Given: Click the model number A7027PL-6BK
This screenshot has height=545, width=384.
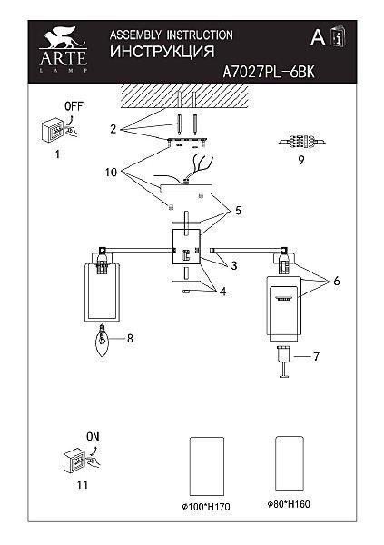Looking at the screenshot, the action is click(x=269, y=72).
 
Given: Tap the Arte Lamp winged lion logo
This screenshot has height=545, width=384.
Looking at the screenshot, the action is click(x=63, y=50).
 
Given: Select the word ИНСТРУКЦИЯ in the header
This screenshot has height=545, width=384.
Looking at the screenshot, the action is click(x=162, y=52).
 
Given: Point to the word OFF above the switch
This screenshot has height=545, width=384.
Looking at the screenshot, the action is click(x=74, y=106).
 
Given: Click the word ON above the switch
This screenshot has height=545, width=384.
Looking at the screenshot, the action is click(x=93, y=436).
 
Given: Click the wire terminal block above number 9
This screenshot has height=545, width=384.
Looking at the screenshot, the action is click(x=301, y=142).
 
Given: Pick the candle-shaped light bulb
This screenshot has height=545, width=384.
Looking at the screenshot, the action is click(x=102, y=341).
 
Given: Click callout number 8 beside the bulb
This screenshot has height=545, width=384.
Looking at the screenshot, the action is click(x=130, y=338).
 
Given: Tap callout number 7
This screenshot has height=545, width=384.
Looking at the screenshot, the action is click(x=316, y=356).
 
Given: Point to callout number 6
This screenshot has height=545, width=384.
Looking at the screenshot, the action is click(x=337, y=281).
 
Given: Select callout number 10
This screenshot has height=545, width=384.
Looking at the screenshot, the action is click(x=111, y=172).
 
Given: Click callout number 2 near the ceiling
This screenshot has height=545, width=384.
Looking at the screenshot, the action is click(x=113, y=129).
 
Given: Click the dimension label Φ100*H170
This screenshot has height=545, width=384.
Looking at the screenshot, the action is click(x=206, y=507).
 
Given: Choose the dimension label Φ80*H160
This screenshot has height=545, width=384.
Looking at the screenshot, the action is click(x=289, y=504).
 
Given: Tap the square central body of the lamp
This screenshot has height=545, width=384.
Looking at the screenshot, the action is click(x=187, y=247).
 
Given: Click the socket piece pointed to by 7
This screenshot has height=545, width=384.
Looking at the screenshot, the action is click(x=285, y=362).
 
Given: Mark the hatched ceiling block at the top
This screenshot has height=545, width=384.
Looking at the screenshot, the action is click(x=185, y=95).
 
